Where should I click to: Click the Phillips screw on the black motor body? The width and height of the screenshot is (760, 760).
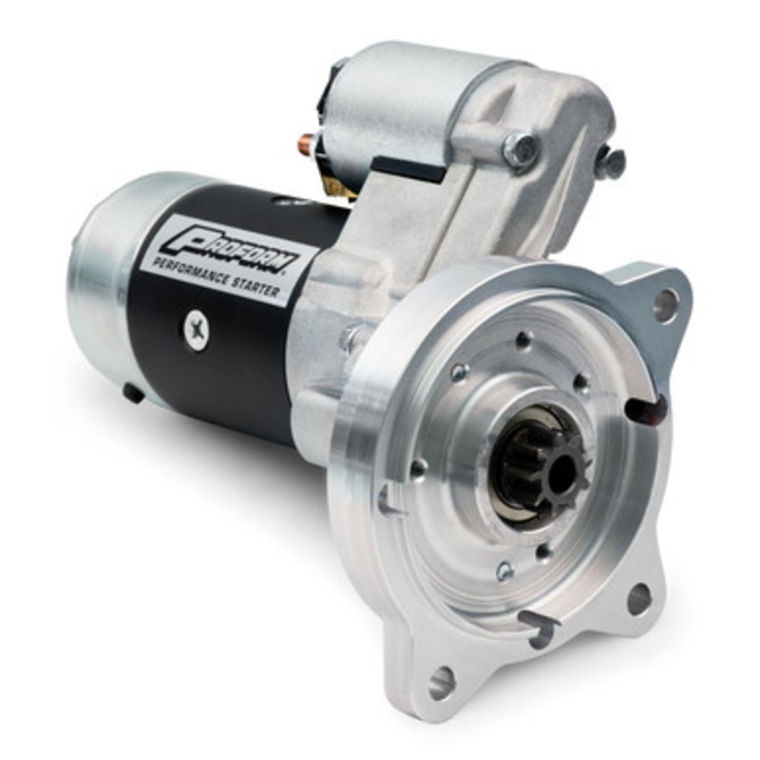[x=197, y=332]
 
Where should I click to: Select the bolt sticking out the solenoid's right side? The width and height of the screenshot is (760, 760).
[x=610, y=161]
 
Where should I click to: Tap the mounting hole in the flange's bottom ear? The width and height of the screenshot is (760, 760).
[x=441, y=682]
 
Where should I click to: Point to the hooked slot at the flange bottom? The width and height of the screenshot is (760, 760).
[x=538, y=627]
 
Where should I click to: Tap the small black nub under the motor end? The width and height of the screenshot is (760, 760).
[x=133, y=392]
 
